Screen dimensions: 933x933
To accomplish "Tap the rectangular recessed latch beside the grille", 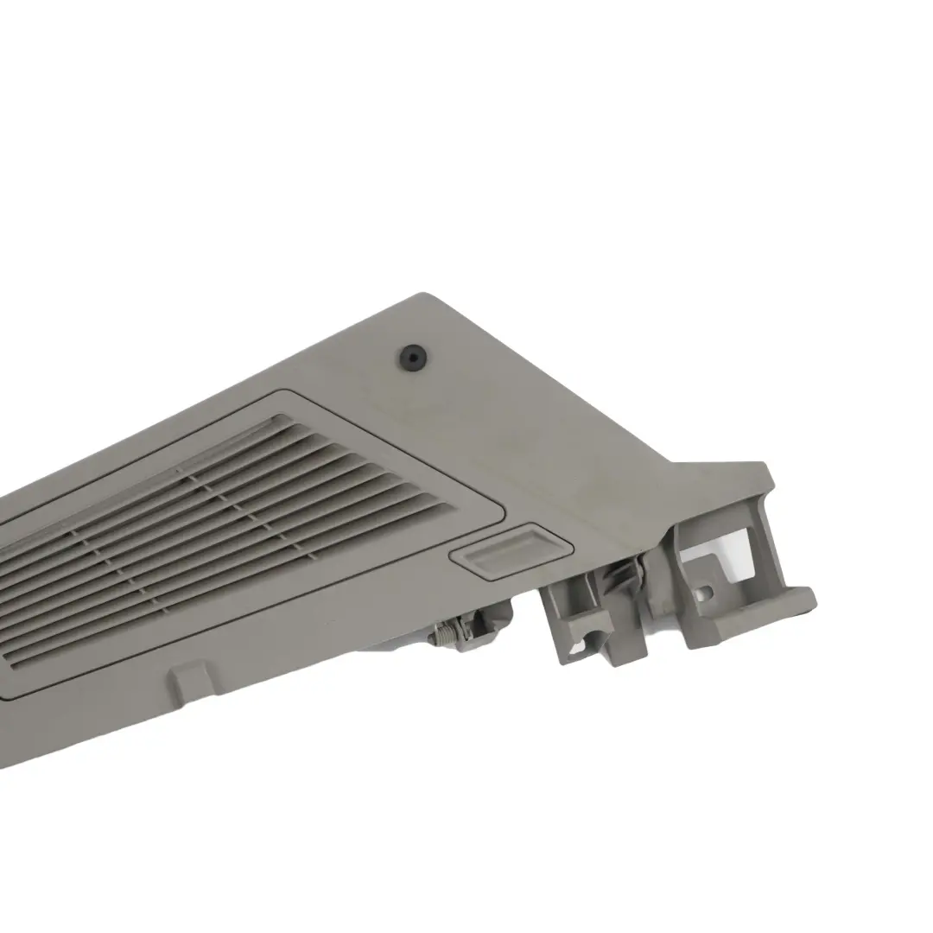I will point(511,549).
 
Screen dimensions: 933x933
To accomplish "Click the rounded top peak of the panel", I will point(423,298).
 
